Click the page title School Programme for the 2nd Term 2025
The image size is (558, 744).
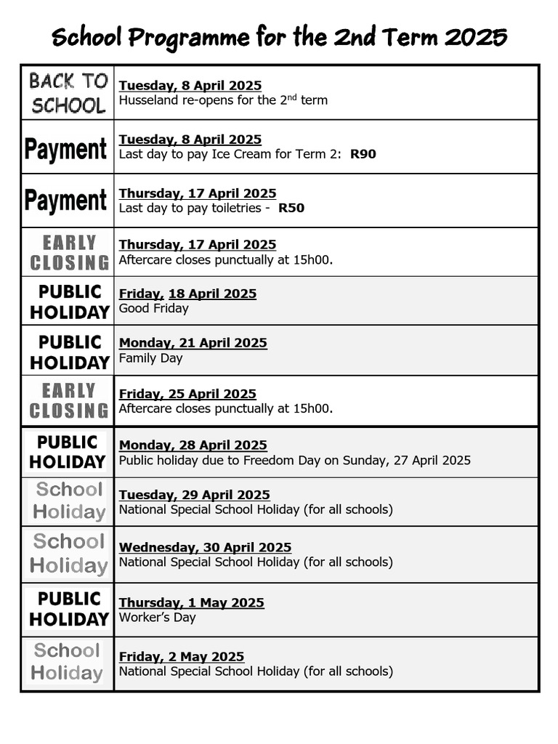[279, 36]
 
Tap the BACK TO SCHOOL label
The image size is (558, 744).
[68, 93]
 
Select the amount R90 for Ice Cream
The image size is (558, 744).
[363, 154]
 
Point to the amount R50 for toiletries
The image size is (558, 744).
[291, 208]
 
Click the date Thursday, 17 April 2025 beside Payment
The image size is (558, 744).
[197, 193]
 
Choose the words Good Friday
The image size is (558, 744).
[153, 309]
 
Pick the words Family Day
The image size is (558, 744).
[150, 358]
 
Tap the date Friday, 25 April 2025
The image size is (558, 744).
[187, 394]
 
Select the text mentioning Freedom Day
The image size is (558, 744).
[294, 460]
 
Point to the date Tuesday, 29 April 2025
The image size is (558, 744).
[194, 495]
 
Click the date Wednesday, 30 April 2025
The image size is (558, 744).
[205, 547]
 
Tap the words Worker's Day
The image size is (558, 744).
[157, 618]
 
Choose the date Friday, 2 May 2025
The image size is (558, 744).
[181, 657]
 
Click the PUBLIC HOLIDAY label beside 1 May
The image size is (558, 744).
[68, 609]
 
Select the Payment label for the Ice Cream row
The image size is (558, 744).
[66, 149]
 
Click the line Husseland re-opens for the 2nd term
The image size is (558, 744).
[223, 100]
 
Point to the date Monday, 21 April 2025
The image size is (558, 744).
[193, 343]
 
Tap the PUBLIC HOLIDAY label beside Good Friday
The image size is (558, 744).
[69, 302]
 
